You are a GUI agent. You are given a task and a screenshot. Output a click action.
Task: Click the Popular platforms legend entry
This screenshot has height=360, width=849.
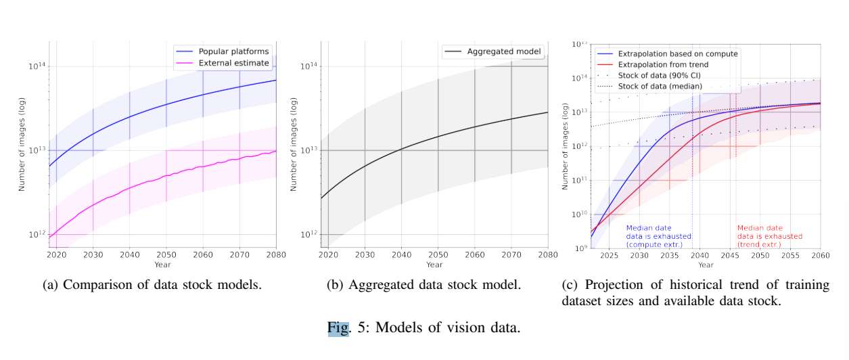click(233, 51)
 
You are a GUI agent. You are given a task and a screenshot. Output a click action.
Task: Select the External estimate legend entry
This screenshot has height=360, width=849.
click(233, 63)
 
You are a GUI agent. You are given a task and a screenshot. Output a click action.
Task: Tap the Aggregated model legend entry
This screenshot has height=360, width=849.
click(503, 51)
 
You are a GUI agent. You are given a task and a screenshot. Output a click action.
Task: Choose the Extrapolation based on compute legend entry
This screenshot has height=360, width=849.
click(678, 53)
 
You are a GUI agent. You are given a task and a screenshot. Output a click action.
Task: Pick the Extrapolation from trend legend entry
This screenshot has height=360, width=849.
click(663, 64)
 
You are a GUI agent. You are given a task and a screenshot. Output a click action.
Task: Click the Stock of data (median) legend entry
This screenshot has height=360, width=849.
click(660, 86)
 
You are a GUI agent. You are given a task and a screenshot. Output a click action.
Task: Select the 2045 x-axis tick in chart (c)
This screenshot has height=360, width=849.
click(730, 256)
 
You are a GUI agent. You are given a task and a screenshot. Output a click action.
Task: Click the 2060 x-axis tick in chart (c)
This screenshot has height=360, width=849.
click(820, 256)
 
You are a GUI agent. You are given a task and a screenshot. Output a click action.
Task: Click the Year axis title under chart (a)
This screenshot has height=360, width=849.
click(162, 265)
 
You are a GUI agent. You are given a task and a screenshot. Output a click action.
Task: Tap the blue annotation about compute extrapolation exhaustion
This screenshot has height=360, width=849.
click(658, 236)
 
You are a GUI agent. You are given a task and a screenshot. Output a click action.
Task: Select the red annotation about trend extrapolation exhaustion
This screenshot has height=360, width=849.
click(770, 236)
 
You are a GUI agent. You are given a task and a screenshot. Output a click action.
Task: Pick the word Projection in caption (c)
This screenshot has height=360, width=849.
click(614, 285)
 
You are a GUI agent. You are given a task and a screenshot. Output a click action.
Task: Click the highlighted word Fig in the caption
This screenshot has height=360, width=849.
click(337, 329)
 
